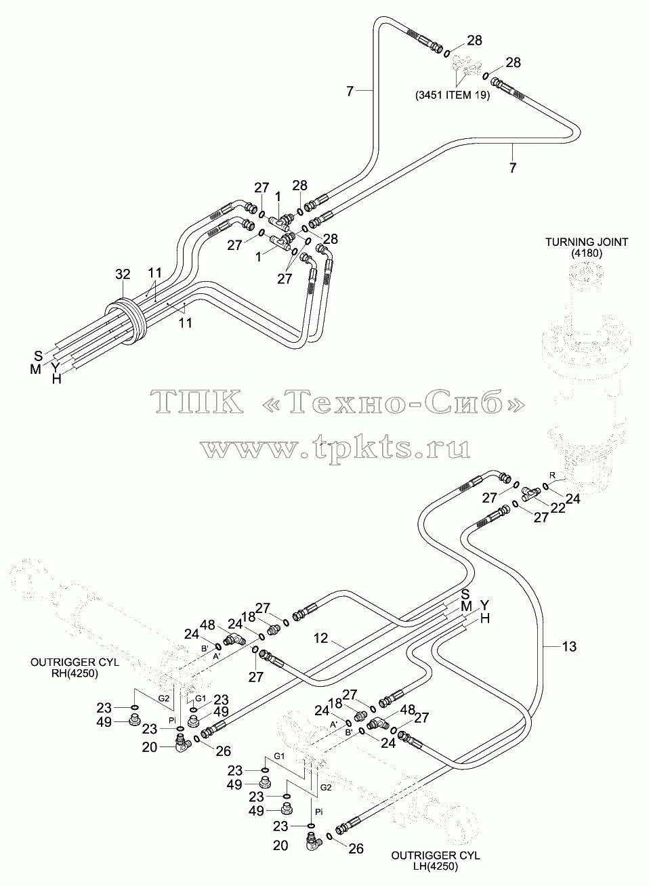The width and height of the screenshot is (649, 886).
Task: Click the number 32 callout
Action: (x=123, y=274)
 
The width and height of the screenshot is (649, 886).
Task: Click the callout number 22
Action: (x=558, y=507)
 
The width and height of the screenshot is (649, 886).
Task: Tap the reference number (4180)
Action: (x=587, y=253)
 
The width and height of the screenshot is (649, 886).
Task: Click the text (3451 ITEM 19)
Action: (x=452, y=95)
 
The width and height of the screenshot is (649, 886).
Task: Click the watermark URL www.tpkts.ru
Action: (x=335, y=448)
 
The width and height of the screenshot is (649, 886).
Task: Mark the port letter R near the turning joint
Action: (x=553, y=474)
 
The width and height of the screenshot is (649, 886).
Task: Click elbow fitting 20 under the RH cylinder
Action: (x=182, y=744)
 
